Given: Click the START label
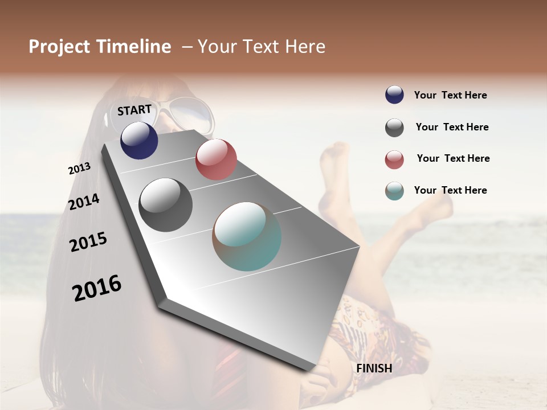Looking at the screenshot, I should (134, 110).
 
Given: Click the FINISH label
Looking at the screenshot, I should (374, 368).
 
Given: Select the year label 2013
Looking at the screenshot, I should (79, 169).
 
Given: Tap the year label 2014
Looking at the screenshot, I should (84, 202).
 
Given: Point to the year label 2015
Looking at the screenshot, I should (88, 242).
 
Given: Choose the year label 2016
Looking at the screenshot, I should (97, 288).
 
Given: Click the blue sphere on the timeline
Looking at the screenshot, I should (139, 140).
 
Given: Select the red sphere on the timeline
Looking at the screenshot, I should (216, 159).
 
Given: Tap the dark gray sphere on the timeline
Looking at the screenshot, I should (166, 205).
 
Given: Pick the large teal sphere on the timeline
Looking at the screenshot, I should (247, 236).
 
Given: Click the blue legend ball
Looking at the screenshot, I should (394, 95).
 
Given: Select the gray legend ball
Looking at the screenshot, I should (394, 128).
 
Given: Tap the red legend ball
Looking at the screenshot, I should (394, 159).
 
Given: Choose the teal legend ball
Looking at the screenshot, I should (394, 191).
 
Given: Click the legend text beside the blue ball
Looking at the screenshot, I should (450, 95).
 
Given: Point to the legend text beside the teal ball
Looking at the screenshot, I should (450, 190).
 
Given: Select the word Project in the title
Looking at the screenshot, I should (59, 47).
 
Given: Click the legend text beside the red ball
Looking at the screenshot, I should (453, 158).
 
